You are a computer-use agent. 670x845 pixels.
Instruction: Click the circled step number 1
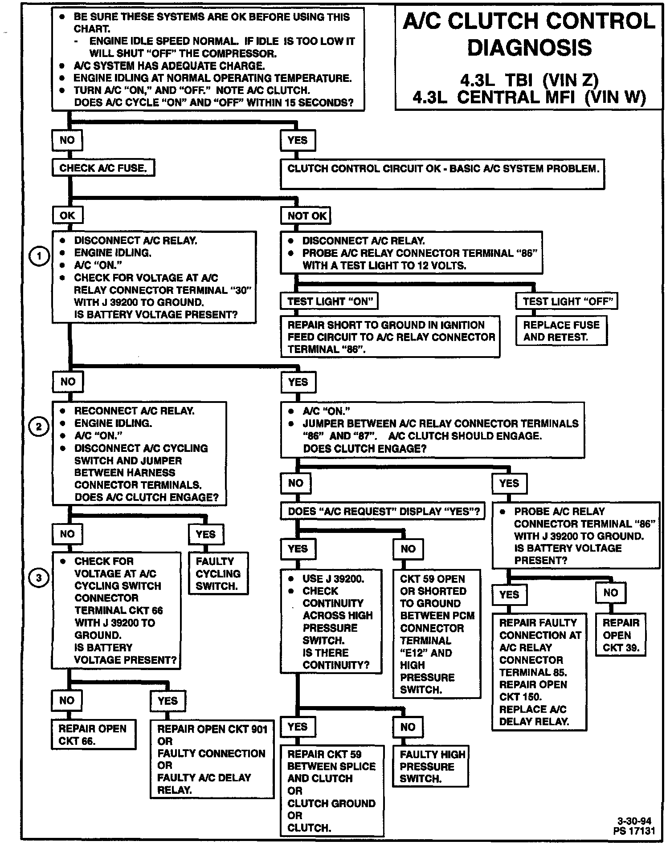[39, 256]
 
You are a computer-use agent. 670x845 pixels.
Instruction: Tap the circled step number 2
[39, 427]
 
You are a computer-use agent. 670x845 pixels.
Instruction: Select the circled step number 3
[39, 578]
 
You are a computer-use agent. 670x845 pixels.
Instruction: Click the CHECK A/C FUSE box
[103, 168]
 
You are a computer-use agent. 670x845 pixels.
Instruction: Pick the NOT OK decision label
[306, 216]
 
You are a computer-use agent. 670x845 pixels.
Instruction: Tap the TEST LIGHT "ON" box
[329, 301]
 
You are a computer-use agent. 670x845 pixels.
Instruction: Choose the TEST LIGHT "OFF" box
[567, 301]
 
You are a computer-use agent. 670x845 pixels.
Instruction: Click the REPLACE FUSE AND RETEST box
[561, 331]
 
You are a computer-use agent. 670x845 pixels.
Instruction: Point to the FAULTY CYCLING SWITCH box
[218, 573]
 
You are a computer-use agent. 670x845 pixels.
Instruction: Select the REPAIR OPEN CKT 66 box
[93, 734]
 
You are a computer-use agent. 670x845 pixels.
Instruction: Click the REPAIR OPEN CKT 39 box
[621, 635]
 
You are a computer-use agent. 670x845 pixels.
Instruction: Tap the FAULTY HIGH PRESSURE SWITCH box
[431, 766]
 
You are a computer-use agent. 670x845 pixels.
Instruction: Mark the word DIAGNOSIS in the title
[529, 48]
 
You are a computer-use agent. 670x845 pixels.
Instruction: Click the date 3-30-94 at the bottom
[634, 821]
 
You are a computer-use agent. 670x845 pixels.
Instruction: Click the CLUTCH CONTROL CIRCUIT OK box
[442, 174]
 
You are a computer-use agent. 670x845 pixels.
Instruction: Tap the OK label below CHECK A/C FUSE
[68, 215]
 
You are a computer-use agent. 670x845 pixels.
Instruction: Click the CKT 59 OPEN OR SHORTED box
[437, 634]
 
